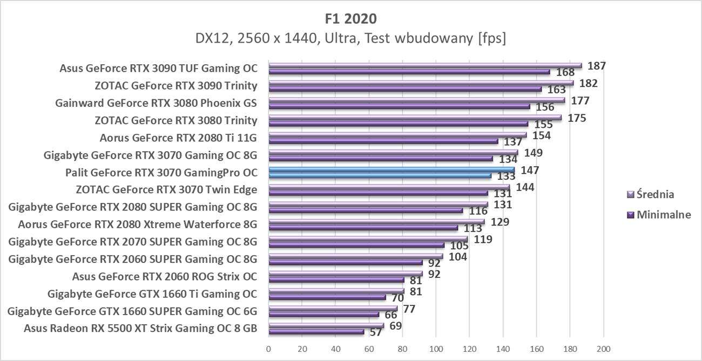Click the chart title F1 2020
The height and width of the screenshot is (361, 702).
(350, 18)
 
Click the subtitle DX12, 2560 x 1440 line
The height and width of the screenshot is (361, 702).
(350, 39)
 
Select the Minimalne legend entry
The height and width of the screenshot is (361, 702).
(659, 214)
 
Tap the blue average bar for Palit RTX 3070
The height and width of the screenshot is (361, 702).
(391, 169)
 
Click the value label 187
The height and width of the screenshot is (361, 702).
(596, 66)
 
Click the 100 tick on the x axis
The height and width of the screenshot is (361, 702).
(436, 348)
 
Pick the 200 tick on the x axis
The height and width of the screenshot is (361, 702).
(603, 348)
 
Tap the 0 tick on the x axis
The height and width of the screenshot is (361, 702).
(268, 348)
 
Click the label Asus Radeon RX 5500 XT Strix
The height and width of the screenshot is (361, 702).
(140, 328)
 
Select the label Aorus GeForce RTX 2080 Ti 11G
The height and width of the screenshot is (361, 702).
(178, 138)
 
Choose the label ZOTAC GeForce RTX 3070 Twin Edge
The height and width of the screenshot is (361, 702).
(167, 189)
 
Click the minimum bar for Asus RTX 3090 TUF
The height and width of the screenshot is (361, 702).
(409, 72)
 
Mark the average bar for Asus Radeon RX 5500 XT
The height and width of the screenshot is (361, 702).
(326, 325)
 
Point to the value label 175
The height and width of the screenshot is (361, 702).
(576, 118)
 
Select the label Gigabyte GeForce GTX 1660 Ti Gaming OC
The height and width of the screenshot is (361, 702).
(152, 294)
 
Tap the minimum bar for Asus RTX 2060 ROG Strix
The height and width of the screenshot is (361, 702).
(336, 280)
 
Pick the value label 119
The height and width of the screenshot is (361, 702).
(482, 239)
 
